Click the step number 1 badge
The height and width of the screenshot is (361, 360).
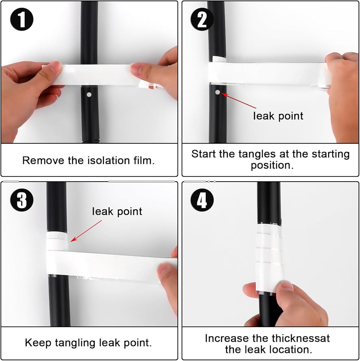click(22, 19)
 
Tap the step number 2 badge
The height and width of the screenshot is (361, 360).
click(202, 19)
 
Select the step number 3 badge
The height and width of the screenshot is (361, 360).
click(22, 200)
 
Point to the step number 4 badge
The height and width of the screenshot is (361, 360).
click(202, 200)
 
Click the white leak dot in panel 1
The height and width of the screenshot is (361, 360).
click(89, 94)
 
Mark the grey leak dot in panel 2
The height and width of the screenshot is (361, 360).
click(218, 92)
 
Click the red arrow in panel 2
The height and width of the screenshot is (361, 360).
click(239, 101)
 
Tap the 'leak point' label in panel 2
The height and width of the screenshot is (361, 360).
click(278, 116)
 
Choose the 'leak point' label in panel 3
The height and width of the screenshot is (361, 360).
click(117, 211)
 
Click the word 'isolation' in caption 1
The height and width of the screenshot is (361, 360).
click(108, 161)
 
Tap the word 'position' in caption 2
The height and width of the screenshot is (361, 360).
click(271, 165)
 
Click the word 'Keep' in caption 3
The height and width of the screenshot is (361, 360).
click(38, 343)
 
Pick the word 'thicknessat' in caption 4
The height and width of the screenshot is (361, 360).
click(301, 338)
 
